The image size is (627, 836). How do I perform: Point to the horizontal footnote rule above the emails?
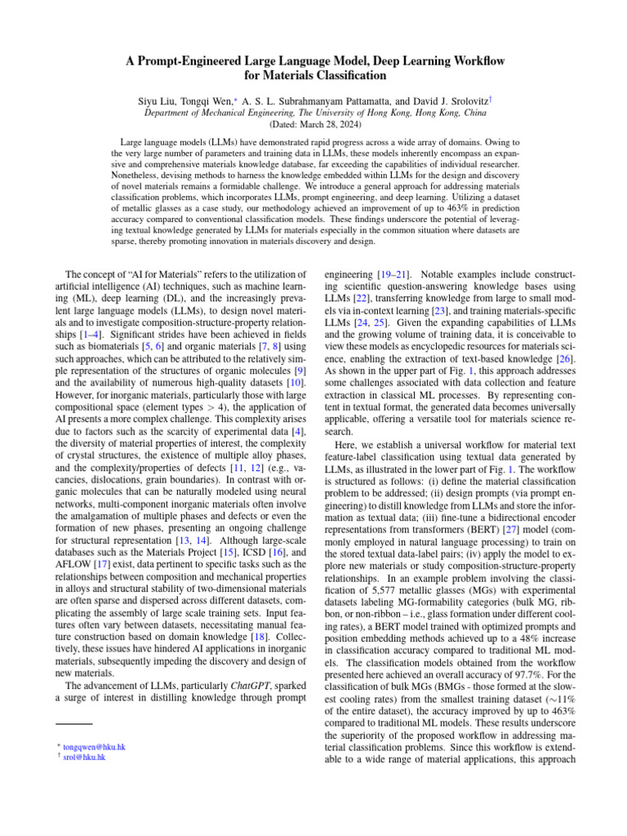pos(69,723)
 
